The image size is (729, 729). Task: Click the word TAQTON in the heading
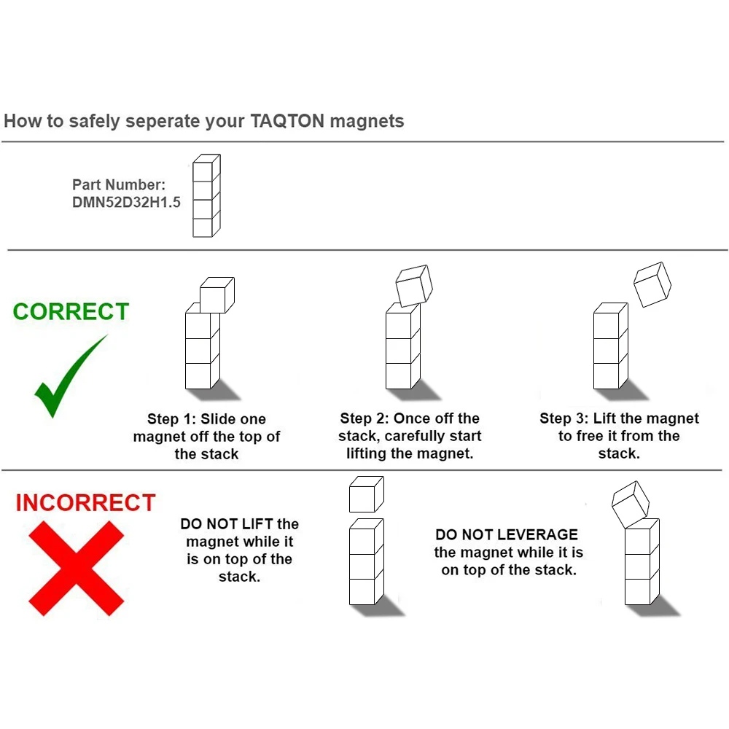tap(287, 121)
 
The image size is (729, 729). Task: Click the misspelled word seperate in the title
tap(161, 122)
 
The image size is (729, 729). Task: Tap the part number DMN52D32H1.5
tap(126, 202)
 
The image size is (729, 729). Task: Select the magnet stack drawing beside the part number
tap(206, 195)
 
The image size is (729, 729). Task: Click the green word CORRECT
tap(71, 311)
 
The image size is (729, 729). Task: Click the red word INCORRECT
tap(85, 502)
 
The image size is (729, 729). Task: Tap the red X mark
tap(77, 568)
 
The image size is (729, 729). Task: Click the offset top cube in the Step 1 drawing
tap(217, 295)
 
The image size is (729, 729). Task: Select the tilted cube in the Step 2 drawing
tap(414, 286)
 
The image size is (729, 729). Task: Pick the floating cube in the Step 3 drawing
tap(652, 284)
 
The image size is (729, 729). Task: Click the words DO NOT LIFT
tap(227, 524)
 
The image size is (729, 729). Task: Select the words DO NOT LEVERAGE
tap(507, 534)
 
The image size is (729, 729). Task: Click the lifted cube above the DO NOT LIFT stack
tap(367, 494)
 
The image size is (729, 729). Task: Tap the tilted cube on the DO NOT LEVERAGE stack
tap(631, 504)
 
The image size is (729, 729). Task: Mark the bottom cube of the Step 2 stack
tap(402, 375)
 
